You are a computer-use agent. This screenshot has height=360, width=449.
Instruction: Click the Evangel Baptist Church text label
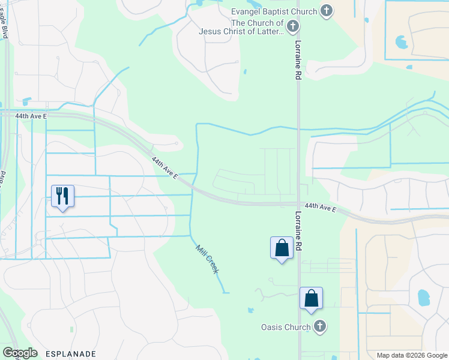(x=274, y=11)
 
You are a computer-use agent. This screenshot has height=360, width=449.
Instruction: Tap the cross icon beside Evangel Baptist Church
(x=326, y=10)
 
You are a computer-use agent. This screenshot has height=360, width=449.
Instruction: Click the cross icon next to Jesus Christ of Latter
(x=292, y=26)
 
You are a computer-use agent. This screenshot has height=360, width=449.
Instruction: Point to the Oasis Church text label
(x=285, y=327)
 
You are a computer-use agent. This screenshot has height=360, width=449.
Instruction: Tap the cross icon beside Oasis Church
(x=320, y=326)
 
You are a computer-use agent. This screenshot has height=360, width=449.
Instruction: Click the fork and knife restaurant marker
(x=62, y=196)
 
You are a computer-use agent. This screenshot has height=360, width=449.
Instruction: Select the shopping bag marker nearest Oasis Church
(x=311, y=298)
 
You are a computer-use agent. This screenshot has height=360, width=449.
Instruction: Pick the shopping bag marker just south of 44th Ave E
(x=281, y=248)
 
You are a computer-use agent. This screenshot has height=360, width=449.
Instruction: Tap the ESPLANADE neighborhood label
(x=70, y=354)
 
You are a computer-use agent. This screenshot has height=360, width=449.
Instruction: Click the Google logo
(x=20, y=353)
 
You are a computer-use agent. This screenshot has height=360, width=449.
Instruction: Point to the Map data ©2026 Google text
(x=412, y=355)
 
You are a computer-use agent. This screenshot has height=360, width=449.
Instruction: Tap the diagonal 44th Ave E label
(x=164, y=169)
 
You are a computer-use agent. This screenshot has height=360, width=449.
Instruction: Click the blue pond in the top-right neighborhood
(x=401, y=42)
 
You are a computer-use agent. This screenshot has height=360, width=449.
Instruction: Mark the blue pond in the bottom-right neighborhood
(x=423, y=296)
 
